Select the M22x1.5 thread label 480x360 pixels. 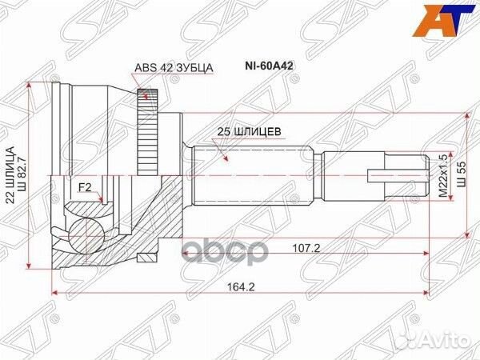[x=438, y=175]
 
